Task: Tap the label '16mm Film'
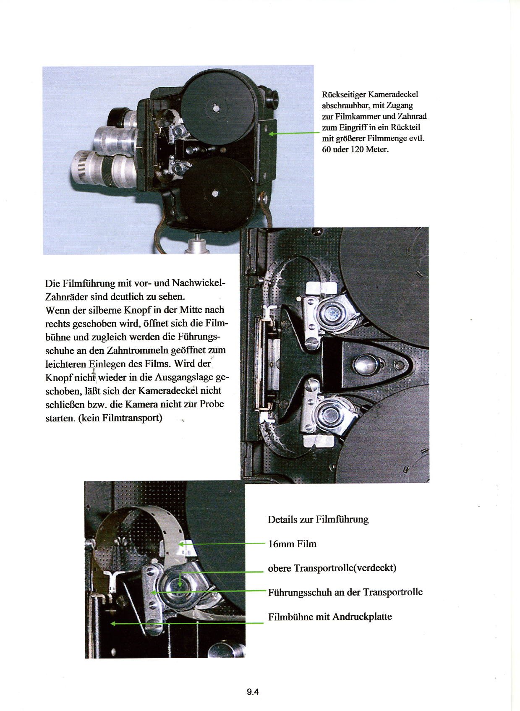(292, 544)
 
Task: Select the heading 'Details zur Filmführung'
(318, 520)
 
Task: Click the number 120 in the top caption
(357, 149)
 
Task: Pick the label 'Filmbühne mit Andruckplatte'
(330, 617)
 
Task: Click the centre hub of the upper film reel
(216, 108)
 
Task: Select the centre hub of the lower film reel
(215, 193)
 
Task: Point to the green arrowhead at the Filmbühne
(112, 624)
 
